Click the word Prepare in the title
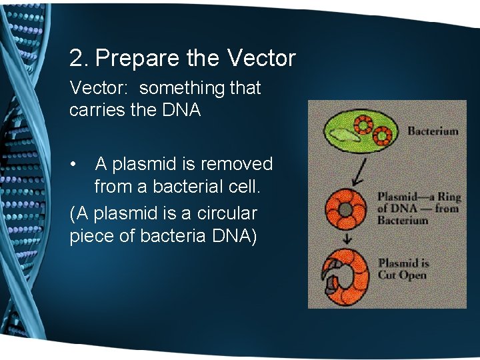(x=138, y=59)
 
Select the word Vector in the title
(x=261, y=59)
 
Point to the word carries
(x=97, y=110)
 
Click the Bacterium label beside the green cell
(x=432, y=131)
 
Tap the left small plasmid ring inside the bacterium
(x=364, y=125)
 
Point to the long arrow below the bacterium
(x=360, y=171)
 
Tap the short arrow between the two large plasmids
(x=346, y=239)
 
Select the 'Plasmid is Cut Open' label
(x=403, y=268)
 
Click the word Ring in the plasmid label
(x=445, y=197)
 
